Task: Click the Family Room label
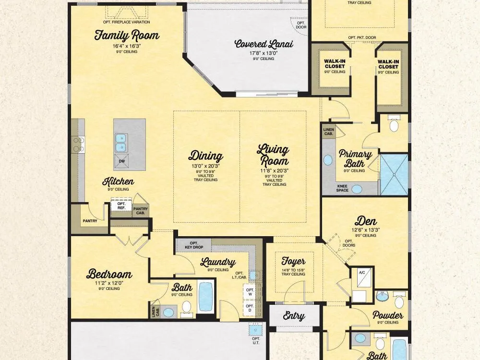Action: tap(127, 35)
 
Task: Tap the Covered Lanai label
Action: tap(264, 44)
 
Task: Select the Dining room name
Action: tap(205, 156)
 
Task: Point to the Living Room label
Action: tap(273, 155)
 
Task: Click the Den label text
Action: tap(365, 221)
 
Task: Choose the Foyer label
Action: tap(293, 261)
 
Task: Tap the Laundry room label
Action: tap(217, 263)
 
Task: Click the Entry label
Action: tap(294, 316)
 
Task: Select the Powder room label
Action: tap(387, 315)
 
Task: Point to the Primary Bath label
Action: tap(355, 158)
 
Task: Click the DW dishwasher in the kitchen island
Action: tap(122, 161)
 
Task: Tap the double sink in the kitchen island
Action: tap(121, 143)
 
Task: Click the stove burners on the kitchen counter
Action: tap(78, 144)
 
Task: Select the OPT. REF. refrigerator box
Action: tap(121, 206)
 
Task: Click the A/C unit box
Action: tap(362, 277)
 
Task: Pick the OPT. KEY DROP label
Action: tap(194, 245)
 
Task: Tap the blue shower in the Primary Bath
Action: tap(394, 175)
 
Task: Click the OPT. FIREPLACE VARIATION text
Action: tap(126, 22)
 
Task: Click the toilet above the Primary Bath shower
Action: tap(394, 124)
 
